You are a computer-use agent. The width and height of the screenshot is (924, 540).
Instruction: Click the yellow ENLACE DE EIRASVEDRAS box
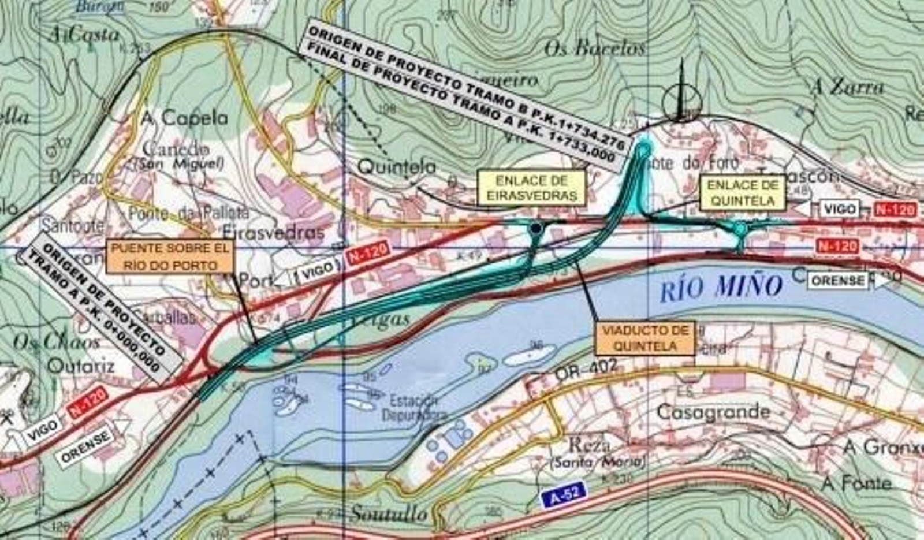click(532, 188)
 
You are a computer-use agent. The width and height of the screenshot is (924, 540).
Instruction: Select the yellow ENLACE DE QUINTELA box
click(743, 193)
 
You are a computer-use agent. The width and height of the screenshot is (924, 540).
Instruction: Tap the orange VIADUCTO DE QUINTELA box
click(645, 338)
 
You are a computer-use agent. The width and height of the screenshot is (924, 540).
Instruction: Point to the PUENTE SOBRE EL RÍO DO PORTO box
click(170, 257)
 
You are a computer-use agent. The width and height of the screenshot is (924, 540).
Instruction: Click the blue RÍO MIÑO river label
click(721, 288)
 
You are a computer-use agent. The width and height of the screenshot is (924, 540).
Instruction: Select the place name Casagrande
click(713, 412)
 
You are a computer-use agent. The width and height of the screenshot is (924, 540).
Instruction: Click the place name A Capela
click(185, 118)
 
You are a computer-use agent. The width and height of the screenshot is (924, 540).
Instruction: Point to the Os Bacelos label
click(594, 49)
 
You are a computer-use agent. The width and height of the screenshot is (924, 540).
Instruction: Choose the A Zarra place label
click(847, 87)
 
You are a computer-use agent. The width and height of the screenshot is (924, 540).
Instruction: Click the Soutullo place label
click(389, 513)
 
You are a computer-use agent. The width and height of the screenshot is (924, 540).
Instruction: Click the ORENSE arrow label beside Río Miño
click(843, 281)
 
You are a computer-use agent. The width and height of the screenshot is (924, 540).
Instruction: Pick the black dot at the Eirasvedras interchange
click(536, 229)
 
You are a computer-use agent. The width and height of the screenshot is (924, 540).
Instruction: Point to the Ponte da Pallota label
click(189, 213)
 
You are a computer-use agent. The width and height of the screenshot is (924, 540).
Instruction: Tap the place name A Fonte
click(856, 483)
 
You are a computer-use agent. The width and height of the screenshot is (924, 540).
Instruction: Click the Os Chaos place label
click(56, 342)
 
